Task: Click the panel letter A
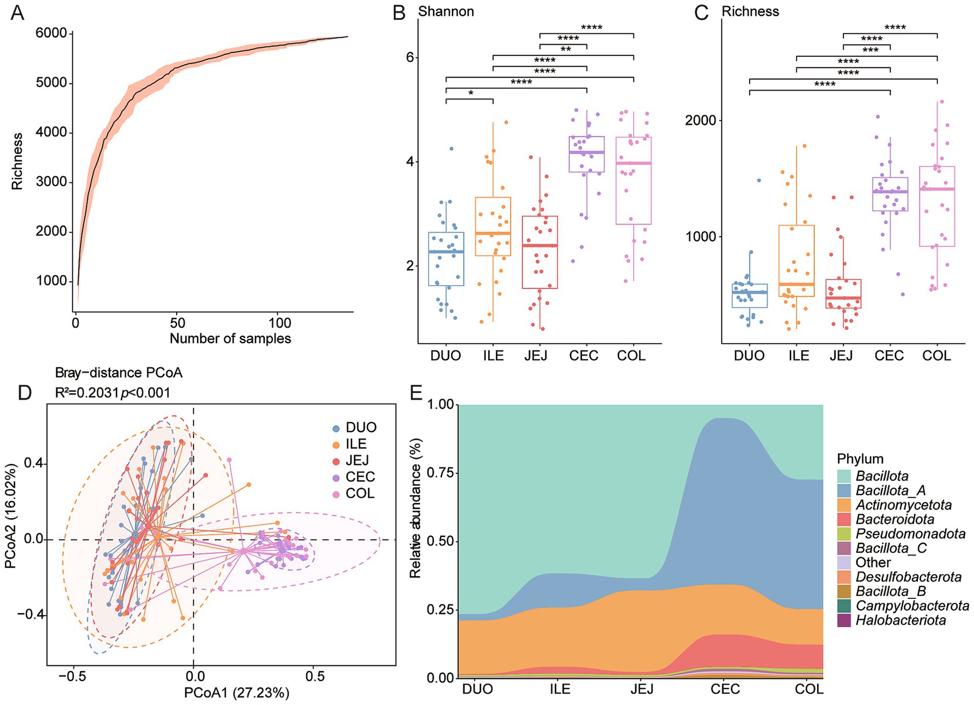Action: (x=17, y=12)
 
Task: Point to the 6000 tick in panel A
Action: (x=51, y=33)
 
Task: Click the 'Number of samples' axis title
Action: (x=230, y=339)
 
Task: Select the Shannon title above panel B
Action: (x=446, y=11)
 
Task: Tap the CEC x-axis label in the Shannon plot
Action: (x=583, y=356)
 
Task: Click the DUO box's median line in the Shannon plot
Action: (x=446, y=252)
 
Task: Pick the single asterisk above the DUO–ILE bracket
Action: (x=470, y=93)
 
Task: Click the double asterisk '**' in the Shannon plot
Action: (x=565, y=50)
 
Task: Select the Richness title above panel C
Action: (x=750, y=11)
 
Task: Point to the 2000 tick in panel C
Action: (x=701, y=120)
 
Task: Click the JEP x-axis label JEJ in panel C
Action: (x=841, y=356)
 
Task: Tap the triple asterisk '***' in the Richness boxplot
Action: (x=870, y=50)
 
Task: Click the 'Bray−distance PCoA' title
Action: (x=119, y=372)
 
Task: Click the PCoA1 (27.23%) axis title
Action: (x=237, y=693)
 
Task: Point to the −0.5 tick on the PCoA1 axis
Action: (x=72, y=676)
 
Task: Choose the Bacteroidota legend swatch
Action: (x=844, y=520)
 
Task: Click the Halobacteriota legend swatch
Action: (x=844, y=620)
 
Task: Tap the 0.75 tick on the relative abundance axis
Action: (x=440, y=473)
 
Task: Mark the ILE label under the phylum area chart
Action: (x=560, y=689)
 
